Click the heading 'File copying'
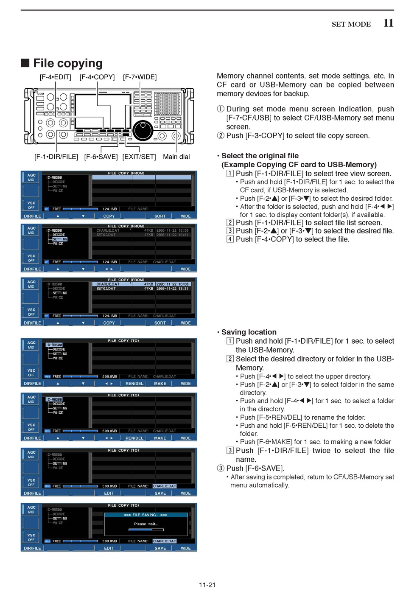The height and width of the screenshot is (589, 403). click(68, 63)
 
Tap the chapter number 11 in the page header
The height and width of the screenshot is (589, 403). click(388, 23)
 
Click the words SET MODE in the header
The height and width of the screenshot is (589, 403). click(351, 24)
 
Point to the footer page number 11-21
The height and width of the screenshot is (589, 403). click(207, 585)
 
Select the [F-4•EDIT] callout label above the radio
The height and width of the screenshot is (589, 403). click(55, 77)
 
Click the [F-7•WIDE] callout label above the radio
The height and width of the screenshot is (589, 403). click(140, 77)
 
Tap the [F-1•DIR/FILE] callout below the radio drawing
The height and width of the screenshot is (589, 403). click(56, 157)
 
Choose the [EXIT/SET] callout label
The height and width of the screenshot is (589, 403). click(139, 157)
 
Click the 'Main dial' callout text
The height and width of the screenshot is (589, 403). click(176, 157)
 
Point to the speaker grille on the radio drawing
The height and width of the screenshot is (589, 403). click(168, 104)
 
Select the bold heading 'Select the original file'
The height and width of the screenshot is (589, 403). click(260, 156)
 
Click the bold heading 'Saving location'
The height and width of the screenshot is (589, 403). click(249, 332)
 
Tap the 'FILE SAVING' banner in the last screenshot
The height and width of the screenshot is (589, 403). click(146, 515)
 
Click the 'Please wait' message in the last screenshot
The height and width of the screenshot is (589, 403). click(146, 524)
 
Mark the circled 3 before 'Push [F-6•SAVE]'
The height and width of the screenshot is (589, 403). click(221, 468)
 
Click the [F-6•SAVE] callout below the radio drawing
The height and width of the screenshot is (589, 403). click(101, 157)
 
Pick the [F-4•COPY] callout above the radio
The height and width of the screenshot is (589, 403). click(97, 77)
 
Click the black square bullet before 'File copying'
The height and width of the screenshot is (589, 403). click(25, 63)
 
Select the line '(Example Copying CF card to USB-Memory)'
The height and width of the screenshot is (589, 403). click(299, 165)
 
